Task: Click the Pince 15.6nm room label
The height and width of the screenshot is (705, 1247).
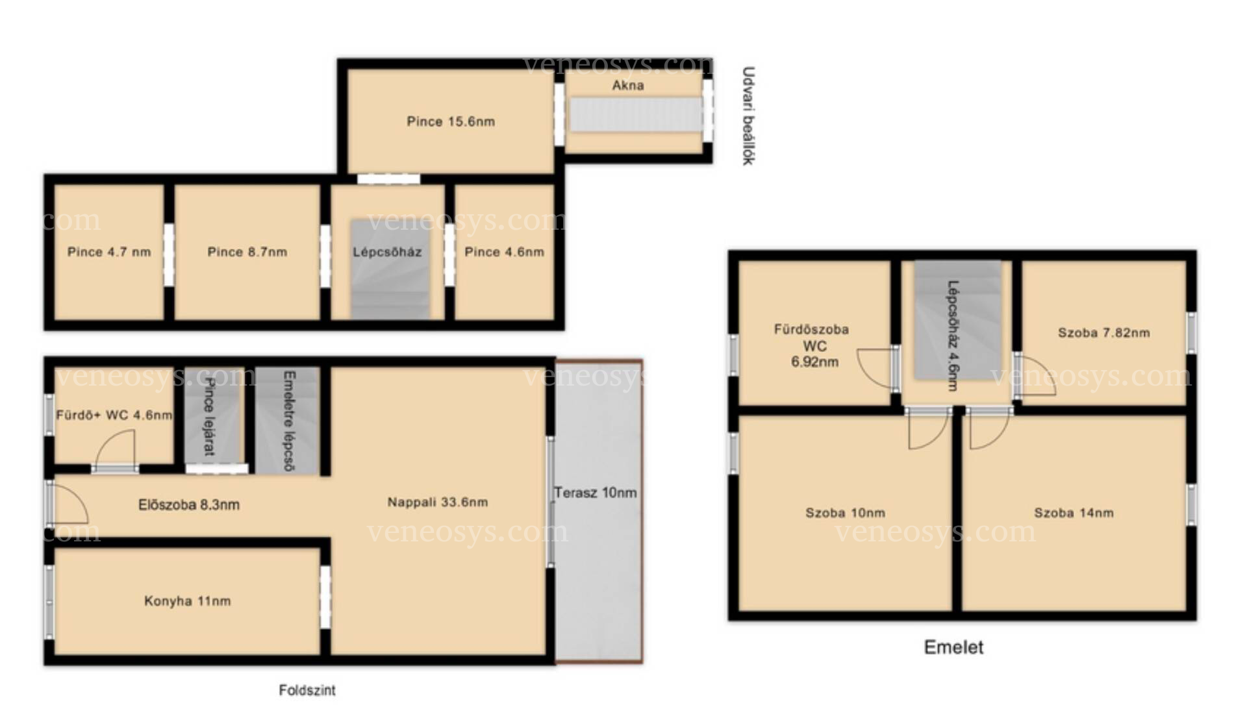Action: point(451,121)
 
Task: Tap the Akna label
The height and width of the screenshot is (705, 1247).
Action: point(628,85)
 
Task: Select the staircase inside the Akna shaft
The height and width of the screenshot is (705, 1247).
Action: point(636,114)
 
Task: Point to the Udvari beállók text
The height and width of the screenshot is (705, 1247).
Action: point(748,116)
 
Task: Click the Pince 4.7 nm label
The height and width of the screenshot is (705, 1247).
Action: point(109,252)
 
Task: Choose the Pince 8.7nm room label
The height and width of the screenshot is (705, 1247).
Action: point(247,252)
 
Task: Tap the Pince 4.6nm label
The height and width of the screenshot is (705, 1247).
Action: point(504,252)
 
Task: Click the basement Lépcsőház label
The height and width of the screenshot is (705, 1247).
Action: point(387,252)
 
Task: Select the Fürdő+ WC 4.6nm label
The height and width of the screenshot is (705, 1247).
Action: point(114,415)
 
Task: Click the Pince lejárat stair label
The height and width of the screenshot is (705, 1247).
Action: point(209,416)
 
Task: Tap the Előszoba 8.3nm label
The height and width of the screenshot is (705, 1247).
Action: point(189,504)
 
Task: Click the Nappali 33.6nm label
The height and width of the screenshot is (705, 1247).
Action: point(438,502)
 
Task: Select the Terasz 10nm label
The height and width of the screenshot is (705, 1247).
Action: point(595,493)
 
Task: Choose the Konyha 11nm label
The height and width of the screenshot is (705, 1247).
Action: point(187,601)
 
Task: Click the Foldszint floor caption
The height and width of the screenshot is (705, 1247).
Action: point(307,690)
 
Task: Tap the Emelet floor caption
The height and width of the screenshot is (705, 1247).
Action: point(953,647)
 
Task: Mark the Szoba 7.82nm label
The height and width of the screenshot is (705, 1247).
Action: point(1103,333)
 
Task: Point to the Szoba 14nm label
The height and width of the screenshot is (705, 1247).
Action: point(1074,513)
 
